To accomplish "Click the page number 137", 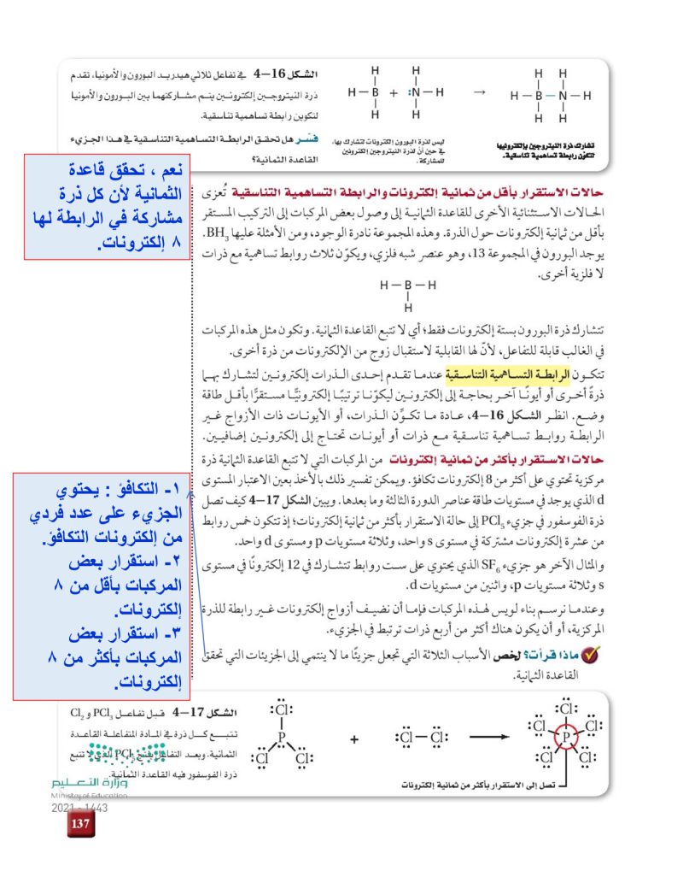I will pyautogui.click(x=81, y=824).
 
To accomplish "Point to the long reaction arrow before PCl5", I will pyautogui.click(x=496, y=736).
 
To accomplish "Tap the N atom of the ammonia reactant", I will pyautogui.click(x=416, y=93).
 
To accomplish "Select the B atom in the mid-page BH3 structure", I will pyautogui.click(x=408, y=285).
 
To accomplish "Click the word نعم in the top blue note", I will pyautogui.click(x=172, y=169).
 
